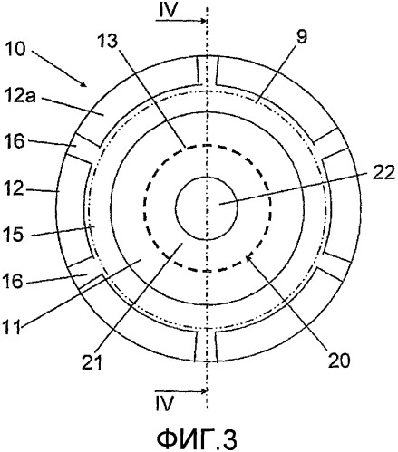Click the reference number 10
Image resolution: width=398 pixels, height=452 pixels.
pyautogui.click(x=15, y=49)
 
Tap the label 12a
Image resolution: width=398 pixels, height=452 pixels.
pyautogui.click(x=20, y=97)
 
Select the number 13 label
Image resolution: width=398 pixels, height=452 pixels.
pyautogui.click(x=108, y=41)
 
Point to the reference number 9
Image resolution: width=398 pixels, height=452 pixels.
pyautogui.click(x=301, y=36)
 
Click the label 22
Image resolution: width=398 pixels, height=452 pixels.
pyautogui.click(x=383, y=173)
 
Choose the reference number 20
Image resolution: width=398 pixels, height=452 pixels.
pyautogui.click(x=339, y=361)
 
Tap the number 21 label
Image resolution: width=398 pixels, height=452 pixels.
pyautogui.click(x=92, y=362)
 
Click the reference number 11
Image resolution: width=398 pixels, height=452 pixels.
pyautogui.click(x=12, y=327)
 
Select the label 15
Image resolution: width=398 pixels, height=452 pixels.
pyautogui.click(x=14, y=235)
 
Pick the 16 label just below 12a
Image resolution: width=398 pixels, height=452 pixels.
pyautogui.click(x=15, y=141)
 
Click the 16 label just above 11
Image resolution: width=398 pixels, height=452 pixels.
pyautogui.click(x=14, y=282)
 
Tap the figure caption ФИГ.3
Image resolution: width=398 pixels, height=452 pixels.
pyautogui.click(x=197, y=439)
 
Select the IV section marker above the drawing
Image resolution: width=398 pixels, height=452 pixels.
pyautogui.click(x=168, y=10)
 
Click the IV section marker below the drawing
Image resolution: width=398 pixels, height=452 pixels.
pyautogui.click(x=165, y=403)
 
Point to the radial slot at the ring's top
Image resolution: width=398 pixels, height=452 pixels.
pyautogui.click(x=207, y=71)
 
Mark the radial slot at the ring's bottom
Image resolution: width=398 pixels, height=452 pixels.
pyautogui.click(x=206, y=346)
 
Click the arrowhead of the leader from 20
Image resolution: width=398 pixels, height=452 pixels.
pyautogui.click(x=248, y=257)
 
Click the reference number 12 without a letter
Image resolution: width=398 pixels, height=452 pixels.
pyautogui.click(x=14, y=189)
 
